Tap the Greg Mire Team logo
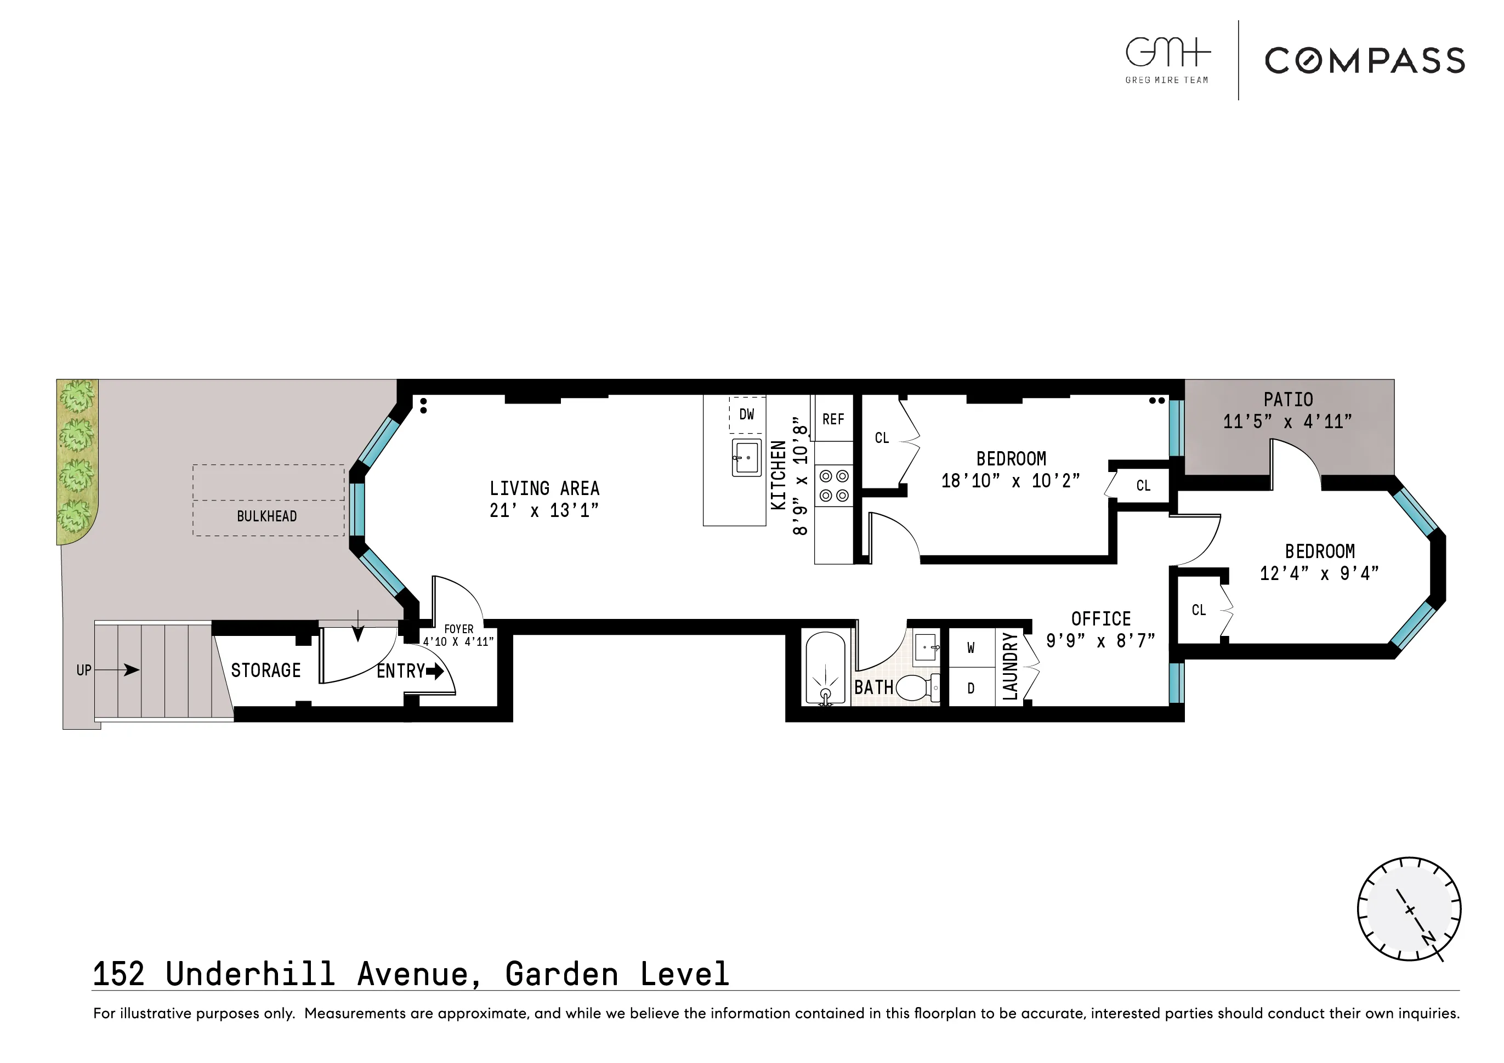[x=1167, y=60]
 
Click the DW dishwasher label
[x=747, y=414]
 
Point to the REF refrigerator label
[x=833, y=419]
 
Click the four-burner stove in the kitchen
[x=834, y=486]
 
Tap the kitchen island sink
[x=747, y=457]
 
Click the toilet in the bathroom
[x=916, y=687]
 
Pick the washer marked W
[x=971, y=648]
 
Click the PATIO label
[x=1288, y=400]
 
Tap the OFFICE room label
[x=1100, y=619]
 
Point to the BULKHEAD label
[x=266, y=516]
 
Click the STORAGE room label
[x=265, y=670]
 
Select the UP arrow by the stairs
[x=124, y=669]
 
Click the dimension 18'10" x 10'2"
[x=1010, y=481]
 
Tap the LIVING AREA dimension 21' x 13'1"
[x=544, y=510]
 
